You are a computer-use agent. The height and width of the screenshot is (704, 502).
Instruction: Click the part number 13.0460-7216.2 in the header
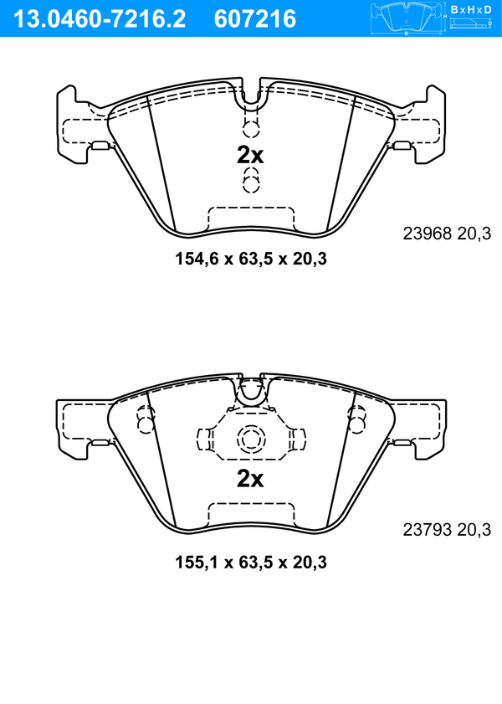[x=100, y=19]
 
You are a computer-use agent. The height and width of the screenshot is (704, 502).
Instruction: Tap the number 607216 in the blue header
[x=255, y=19]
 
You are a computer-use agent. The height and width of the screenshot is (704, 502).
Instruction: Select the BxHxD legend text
[x=470, y=9]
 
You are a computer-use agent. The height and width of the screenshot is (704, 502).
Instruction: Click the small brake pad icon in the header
[x=407, y=17]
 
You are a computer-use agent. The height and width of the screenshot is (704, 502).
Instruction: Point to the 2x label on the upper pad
[x=250, y=156]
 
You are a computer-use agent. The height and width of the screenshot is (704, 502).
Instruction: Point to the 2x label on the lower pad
[x=250, y=479]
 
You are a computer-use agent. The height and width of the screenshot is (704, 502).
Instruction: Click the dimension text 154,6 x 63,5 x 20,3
[x=251, y=259]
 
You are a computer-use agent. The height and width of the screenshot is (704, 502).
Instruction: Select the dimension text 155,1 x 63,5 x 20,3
[x=251, y=563]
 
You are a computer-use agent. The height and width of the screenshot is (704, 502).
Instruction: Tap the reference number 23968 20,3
[x=447, y=234]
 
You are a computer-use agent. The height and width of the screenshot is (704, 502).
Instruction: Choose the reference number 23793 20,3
[x=447, y=530]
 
